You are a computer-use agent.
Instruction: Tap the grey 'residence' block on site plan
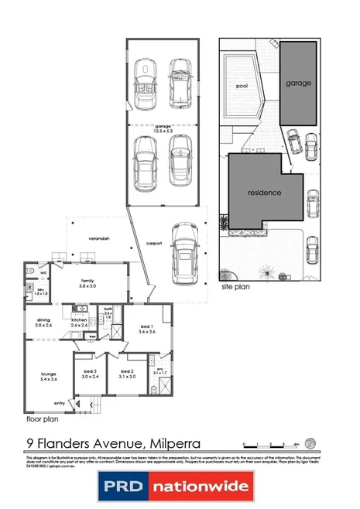(264, 191)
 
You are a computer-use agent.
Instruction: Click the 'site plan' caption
(235, 285)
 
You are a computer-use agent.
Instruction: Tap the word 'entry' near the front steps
(60, 403)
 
